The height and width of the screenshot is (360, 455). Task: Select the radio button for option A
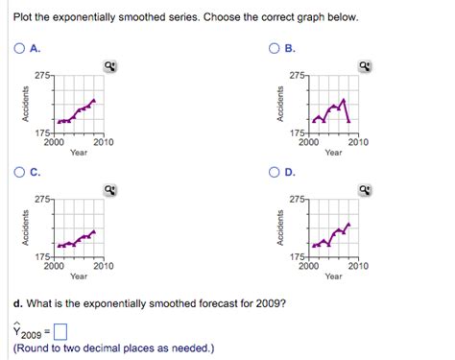(20, 49)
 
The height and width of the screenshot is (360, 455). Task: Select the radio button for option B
(274, 49)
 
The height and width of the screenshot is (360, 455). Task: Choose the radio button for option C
(20, 173)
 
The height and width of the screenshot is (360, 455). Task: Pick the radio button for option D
(274, 173)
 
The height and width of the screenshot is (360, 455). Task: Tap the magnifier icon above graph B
(365, 66)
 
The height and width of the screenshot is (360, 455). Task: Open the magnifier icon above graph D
(365, 190)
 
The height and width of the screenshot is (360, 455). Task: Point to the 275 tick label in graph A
(42, 74)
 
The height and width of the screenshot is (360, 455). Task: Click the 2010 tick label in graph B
(358, 142)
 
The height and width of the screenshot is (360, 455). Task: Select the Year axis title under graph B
(333, 153)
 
